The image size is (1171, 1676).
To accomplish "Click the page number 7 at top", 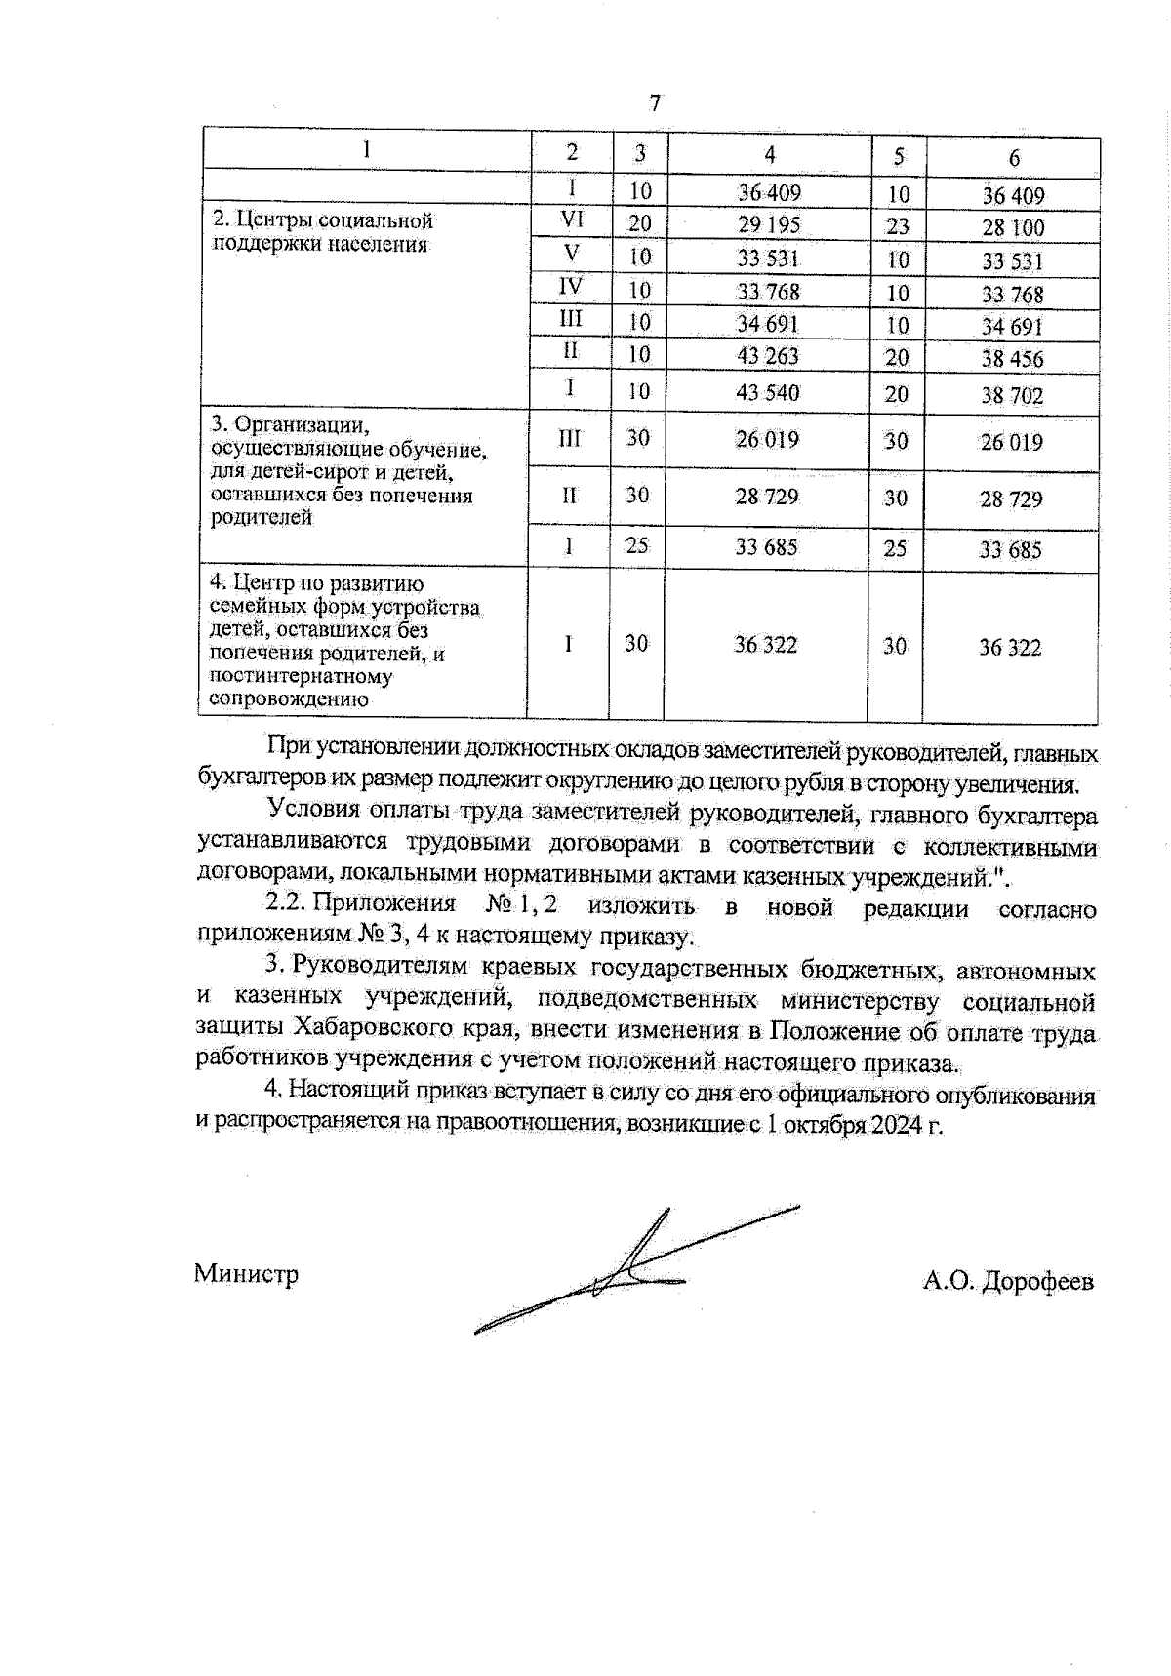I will click(655, 102).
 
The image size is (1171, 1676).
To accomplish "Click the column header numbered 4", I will click(770, 154).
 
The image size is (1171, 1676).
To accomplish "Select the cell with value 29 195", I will click(769, 224).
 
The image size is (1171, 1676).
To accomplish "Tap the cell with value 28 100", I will click(1013, 228).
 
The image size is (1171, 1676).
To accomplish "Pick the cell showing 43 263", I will click(768, 356).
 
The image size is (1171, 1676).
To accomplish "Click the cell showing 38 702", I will click(1012, 396).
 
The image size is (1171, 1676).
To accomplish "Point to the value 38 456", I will click(1012, 359).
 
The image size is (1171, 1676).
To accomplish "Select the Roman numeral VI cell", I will click(572, 220).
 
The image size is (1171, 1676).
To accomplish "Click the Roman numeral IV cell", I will click(571, 287).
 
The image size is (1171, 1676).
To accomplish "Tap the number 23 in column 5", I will click(897, 226).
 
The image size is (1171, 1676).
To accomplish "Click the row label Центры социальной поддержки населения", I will click(322, 232).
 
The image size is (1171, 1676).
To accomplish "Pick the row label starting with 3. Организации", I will click(346, 471).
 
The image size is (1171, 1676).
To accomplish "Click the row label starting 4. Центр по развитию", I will click(343, 641).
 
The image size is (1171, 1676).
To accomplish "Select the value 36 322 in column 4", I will click(766, 645).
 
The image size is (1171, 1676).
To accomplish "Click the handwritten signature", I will click(625, 1273).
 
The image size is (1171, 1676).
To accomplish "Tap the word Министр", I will click(246, 1274).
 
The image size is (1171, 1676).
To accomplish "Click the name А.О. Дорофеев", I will click(1008, 1281).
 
